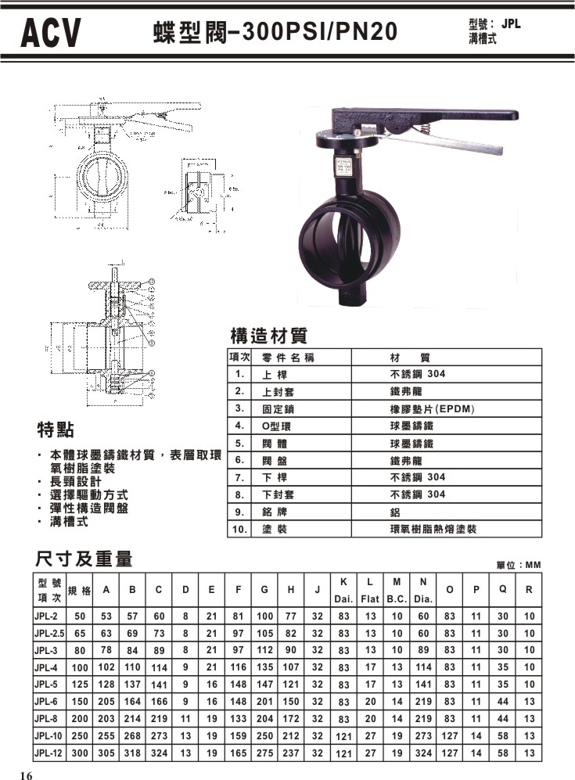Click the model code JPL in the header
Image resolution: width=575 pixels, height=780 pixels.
[x=511, y=24]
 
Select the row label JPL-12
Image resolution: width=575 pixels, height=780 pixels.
[x=48, y=753]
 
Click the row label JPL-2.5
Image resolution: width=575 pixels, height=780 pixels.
[x=49, y=634]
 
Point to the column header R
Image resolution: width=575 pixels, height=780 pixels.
[x=530, y=591]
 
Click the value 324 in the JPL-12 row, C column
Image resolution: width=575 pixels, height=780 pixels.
[x=159, y=753]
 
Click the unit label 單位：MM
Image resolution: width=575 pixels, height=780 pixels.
[x=519, y=565]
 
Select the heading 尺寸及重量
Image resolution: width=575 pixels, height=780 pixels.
[x=84, y=559]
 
